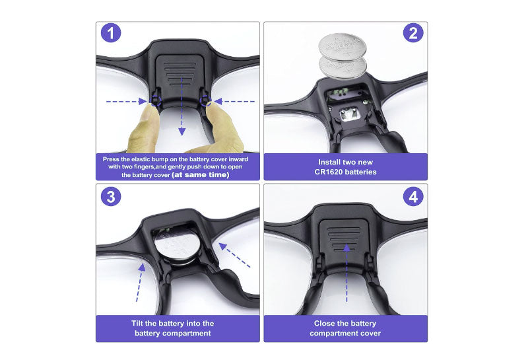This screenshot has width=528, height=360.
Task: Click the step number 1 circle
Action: (x=111, y=33)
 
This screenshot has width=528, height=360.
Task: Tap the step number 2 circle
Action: (x=413, y=32)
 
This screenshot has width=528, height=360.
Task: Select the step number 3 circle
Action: (x=111, y=196)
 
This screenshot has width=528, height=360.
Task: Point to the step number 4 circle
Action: (x=413, y=196)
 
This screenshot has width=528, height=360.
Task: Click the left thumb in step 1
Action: (x=144, y=129)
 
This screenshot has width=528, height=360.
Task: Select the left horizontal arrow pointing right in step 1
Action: (x=127, y=101)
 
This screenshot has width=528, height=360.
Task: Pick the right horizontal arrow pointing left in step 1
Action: (x=235, y=101)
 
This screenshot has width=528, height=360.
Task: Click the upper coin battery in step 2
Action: (x=342, y=47)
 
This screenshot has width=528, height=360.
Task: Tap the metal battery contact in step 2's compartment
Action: (x=350, y=114)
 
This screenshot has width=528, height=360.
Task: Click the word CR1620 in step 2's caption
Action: (x=329, y=172)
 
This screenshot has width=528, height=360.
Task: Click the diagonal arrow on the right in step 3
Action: (x=235, y=255)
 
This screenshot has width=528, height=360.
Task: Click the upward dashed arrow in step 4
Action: (x=346, y=273)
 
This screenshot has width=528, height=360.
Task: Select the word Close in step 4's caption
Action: (x=324, y=323)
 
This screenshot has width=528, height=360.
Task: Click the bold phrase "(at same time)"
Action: (x=201, y=174)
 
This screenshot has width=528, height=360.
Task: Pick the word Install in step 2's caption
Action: (x=329, y=162)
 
